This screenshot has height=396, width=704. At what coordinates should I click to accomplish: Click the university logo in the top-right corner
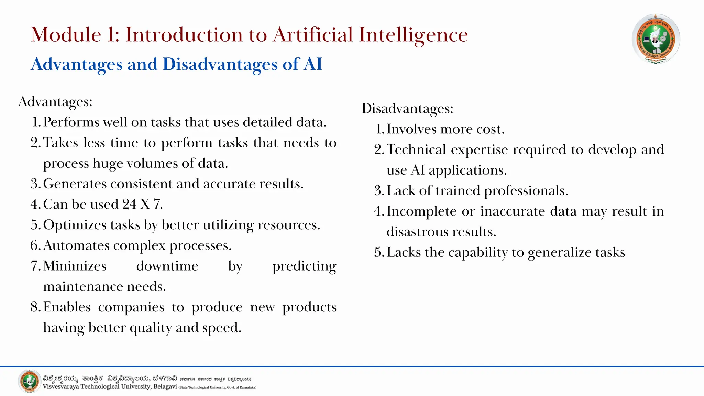tap(656, 39)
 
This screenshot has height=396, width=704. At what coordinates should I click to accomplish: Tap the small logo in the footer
tap(30, 381)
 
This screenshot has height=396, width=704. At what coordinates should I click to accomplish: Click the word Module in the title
tap(66, 35)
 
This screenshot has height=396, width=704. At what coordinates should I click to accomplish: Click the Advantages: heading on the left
tap(55, 102)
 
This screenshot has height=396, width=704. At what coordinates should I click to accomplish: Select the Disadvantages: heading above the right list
tap(407, 109)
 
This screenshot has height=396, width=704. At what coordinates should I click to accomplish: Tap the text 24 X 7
tap(142, 205)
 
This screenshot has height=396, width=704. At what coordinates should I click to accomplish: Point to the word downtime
tap(167, 266)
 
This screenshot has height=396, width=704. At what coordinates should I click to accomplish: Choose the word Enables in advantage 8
tap(67, 307)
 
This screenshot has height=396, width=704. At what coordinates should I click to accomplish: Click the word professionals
tap(526, 191)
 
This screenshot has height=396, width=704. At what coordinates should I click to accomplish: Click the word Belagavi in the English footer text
tap(165, 387)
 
